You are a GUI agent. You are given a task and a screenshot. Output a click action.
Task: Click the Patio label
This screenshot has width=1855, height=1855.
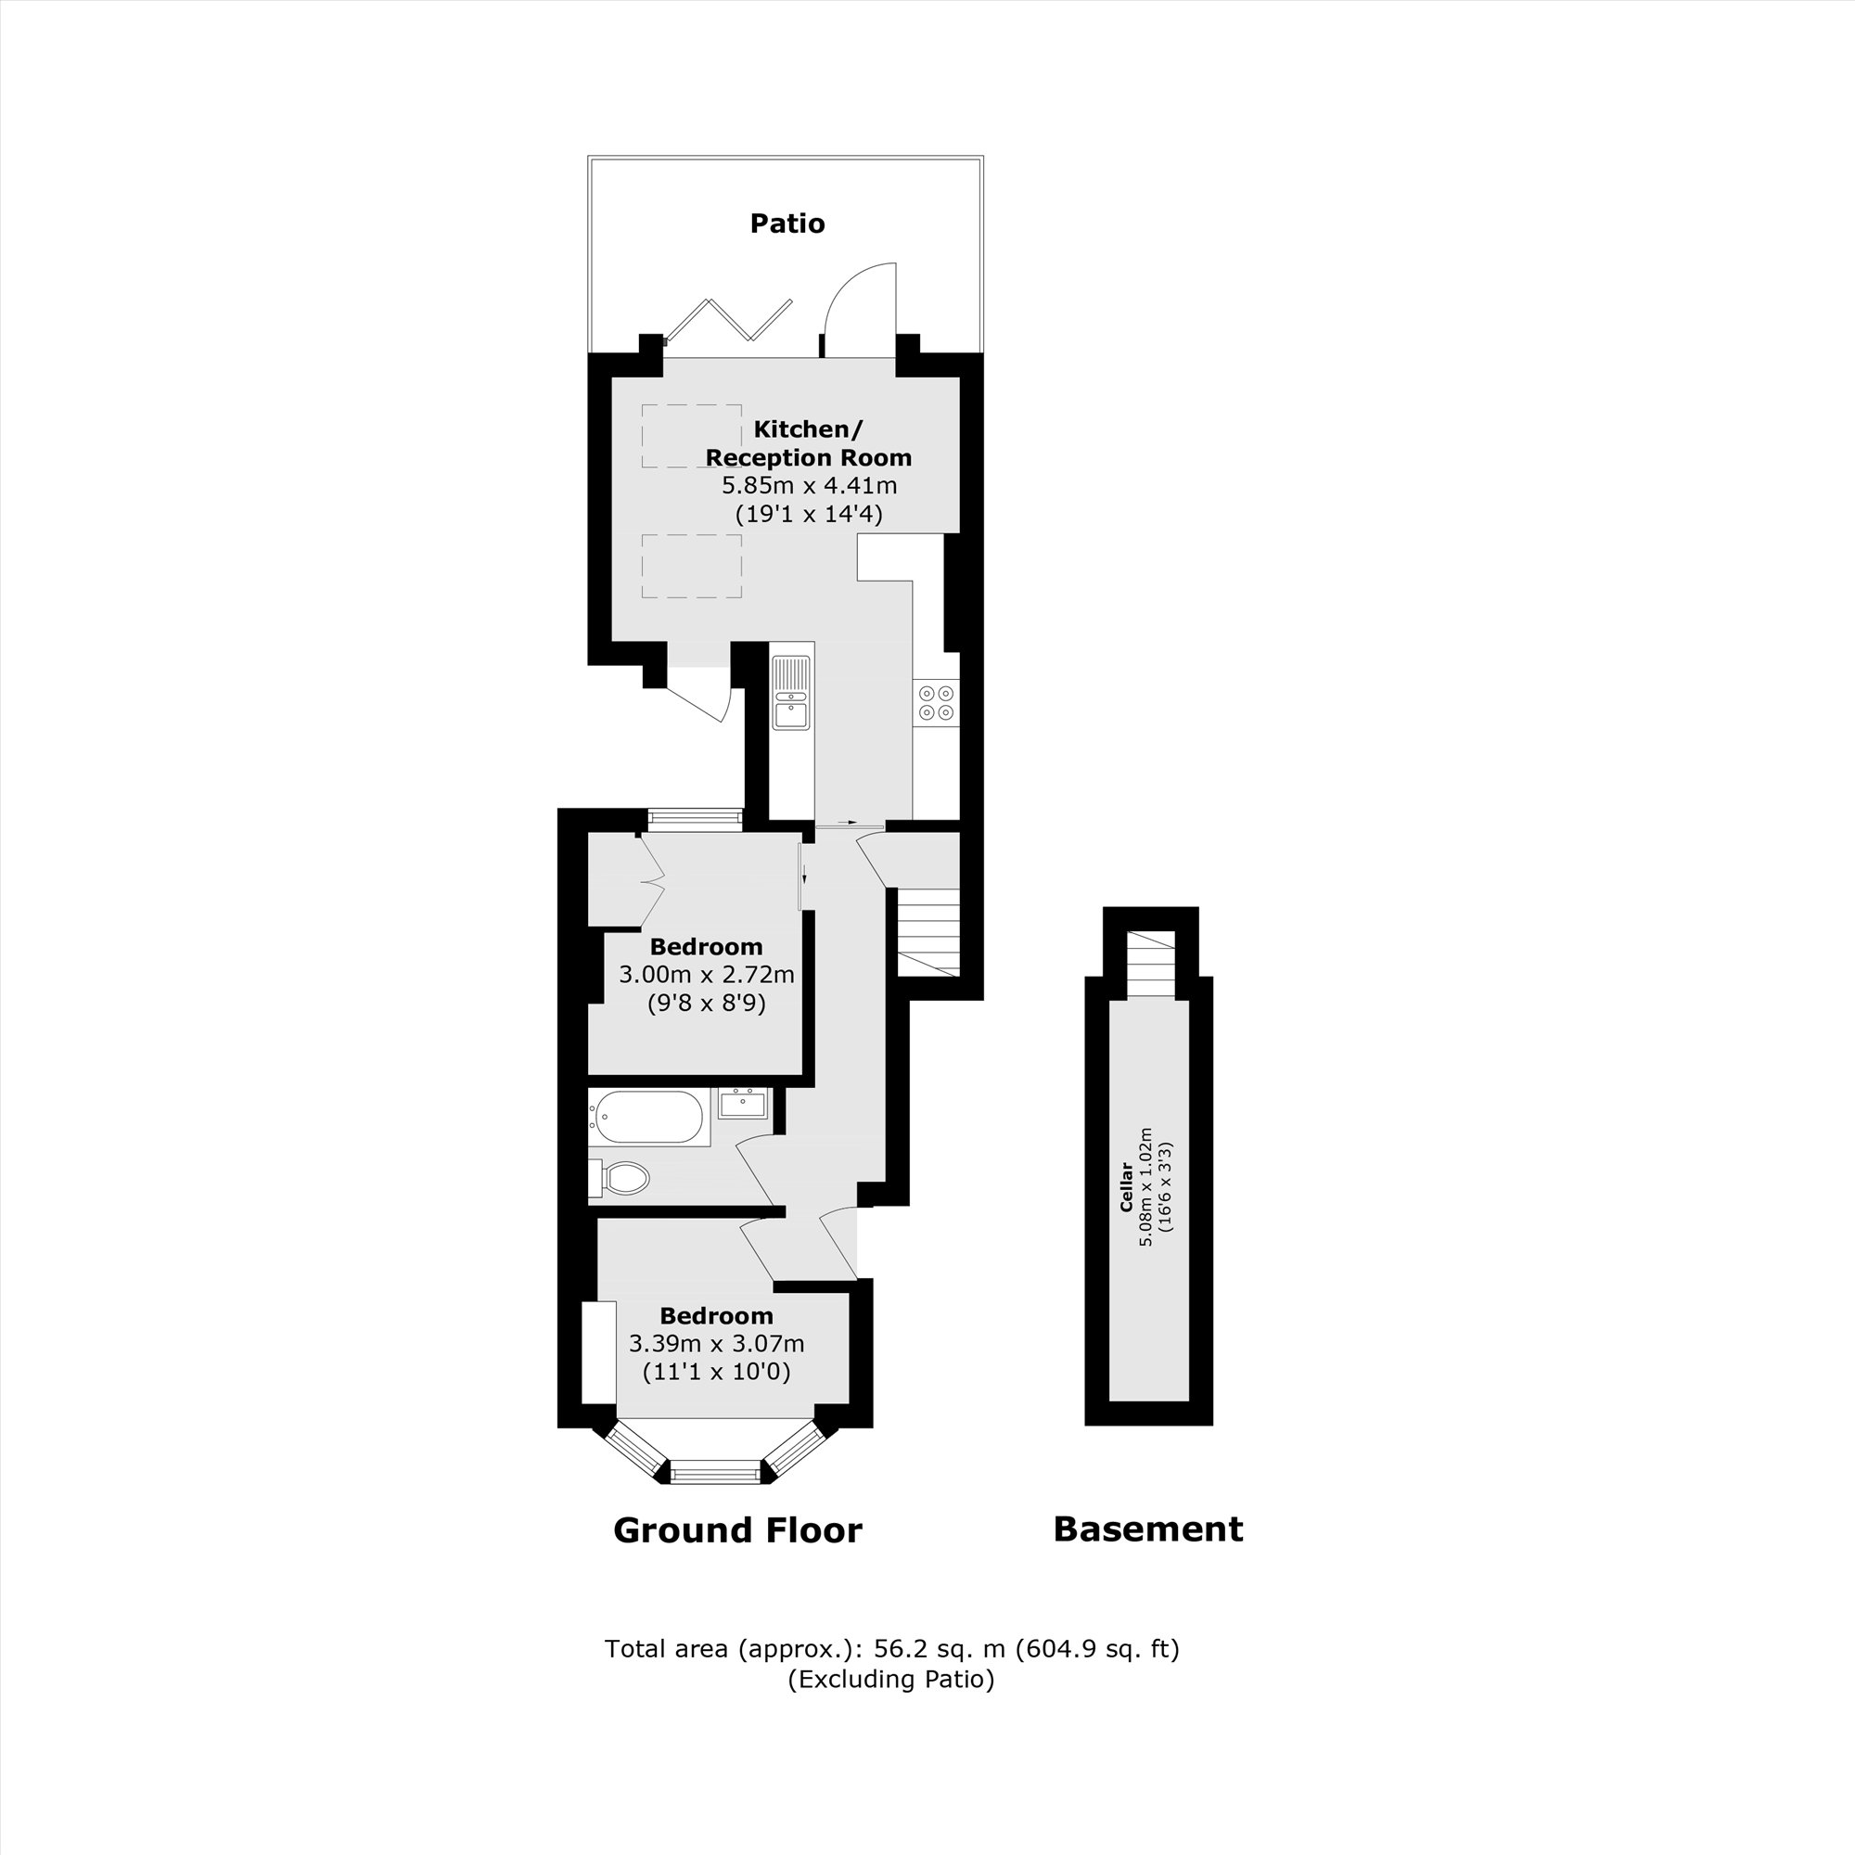tap(787, 224)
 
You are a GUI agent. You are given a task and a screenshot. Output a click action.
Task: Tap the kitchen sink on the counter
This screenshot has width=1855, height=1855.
tap(791, 692)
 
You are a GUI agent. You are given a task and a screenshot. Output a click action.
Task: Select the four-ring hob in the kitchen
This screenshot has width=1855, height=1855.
tap(936, 702)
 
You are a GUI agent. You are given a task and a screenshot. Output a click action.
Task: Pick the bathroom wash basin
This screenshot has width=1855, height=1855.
tap(743, 1104)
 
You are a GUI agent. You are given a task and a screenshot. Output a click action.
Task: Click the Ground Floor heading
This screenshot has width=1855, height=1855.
tap(737, 1529)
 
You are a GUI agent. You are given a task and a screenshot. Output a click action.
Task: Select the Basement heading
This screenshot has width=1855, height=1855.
tap(1147, 1529)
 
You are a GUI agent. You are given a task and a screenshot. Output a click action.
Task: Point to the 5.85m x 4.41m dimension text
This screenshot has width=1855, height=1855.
tap(809, 486)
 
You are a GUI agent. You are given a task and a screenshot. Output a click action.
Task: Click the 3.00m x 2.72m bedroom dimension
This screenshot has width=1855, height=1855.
tap(706, 976)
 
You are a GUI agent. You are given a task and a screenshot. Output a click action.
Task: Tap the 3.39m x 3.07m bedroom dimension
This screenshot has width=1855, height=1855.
tap(716, 1343)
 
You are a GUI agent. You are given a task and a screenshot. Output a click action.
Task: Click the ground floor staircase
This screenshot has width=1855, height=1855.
tap(928, 931)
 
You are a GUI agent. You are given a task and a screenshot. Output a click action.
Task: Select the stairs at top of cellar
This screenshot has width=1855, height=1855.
tap(1149, 964)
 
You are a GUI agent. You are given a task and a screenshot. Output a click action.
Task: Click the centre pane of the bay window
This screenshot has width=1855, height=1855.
tap(714, 1471)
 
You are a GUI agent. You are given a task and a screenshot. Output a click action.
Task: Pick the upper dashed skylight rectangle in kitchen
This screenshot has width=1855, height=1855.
tap(691, 437)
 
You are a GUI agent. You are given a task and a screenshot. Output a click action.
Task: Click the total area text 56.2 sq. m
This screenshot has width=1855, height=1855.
tap(891, 1648)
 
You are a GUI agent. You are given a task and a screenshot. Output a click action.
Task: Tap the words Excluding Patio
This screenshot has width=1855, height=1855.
tap(891, 1680)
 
